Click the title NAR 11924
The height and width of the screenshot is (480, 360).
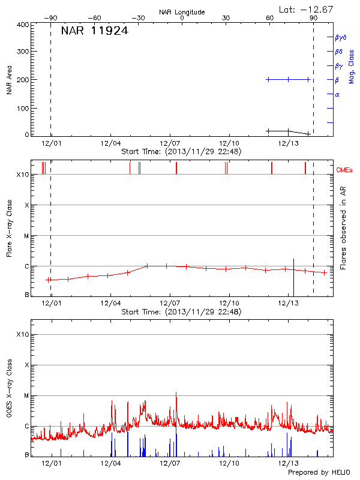point(95,31)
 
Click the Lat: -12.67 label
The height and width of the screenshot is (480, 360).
point(307,9)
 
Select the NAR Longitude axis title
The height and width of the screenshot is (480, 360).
point(182,12)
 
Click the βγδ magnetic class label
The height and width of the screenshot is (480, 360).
point(340,37)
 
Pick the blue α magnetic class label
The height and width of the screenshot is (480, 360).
point(337,94)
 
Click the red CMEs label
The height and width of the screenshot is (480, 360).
point(344,170)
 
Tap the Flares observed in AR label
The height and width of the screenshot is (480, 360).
point(343,227)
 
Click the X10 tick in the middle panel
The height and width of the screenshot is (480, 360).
point(23,175)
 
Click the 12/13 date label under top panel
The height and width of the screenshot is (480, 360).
point(289,143)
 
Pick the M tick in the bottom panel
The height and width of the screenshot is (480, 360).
point(26,395)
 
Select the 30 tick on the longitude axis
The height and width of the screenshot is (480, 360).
point(226,18)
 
